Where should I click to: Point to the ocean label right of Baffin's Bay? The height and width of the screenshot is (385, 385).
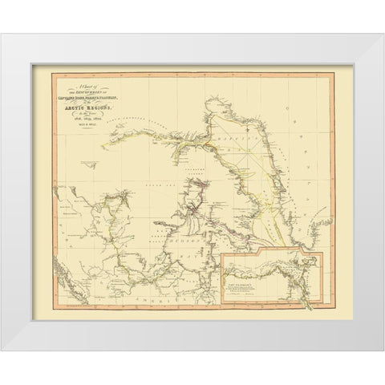(x=320, y=172)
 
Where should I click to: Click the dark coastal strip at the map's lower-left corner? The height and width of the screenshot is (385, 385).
(x=60, y=285)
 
